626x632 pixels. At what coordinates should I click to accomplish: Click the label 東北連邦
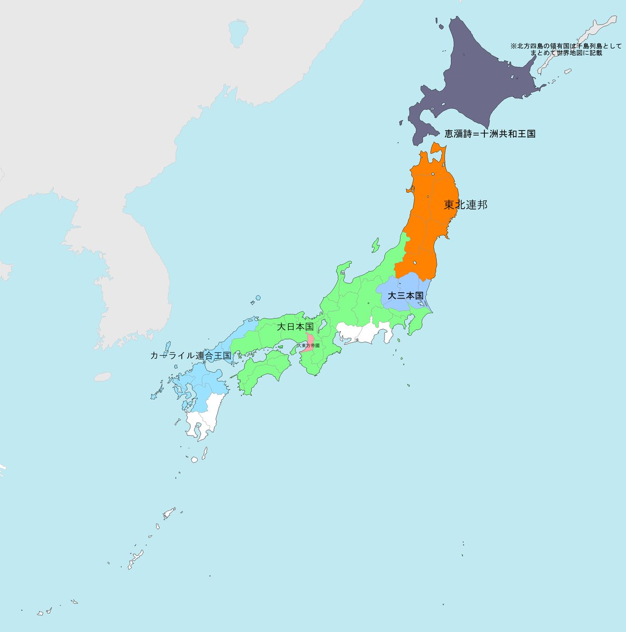point(465,204)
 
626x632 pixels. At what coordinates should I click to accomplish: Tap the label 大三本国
point(405,295)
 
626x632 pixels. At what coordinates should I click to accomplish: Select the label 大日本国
point(295,327)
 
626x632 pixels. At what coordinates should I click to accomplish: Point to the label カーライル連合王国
point(191,356)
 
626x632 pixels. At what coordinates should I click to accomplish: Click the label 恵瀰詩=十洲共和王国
point(490,134)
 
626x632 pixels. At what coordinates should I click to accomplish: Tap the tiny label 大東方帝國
point(308,345)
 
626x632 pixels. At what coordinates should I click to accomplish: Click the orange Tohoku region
point(427,221)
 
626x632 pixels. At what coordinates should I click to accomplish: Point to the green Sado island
point(376,245)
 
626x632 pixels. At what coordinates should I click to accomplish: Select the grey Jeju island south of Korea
point(103,377)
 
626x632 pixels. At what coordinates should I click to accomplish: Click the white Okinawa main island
point(136,558)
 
